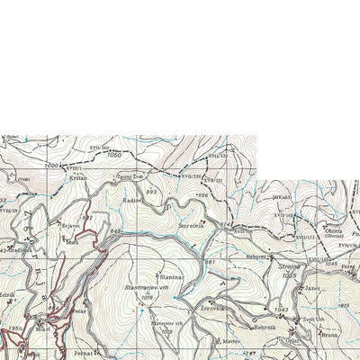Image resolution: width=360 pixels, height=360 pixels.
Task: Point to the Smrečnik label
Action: [x=191, y=226]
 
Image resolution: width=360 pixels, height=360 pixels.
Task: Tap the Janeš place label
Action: [x=311, y=289]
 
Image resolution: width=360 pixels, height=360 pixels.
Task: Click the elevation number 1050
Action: [x=113, y=156]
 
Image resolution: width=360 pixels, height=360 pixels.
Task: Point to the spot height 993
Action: [x=151, y=192]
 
